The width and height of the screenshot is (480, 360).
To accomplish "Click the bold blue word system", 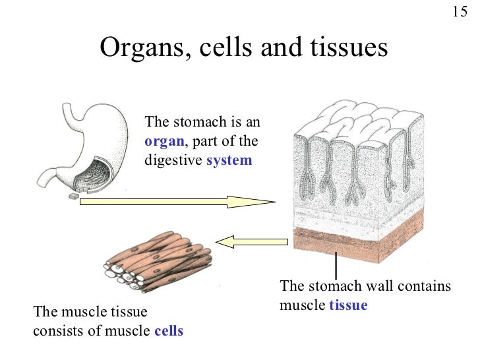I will [229, 160].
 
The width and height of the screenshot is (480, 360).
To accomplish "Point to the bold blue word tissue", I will [347, 305].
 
